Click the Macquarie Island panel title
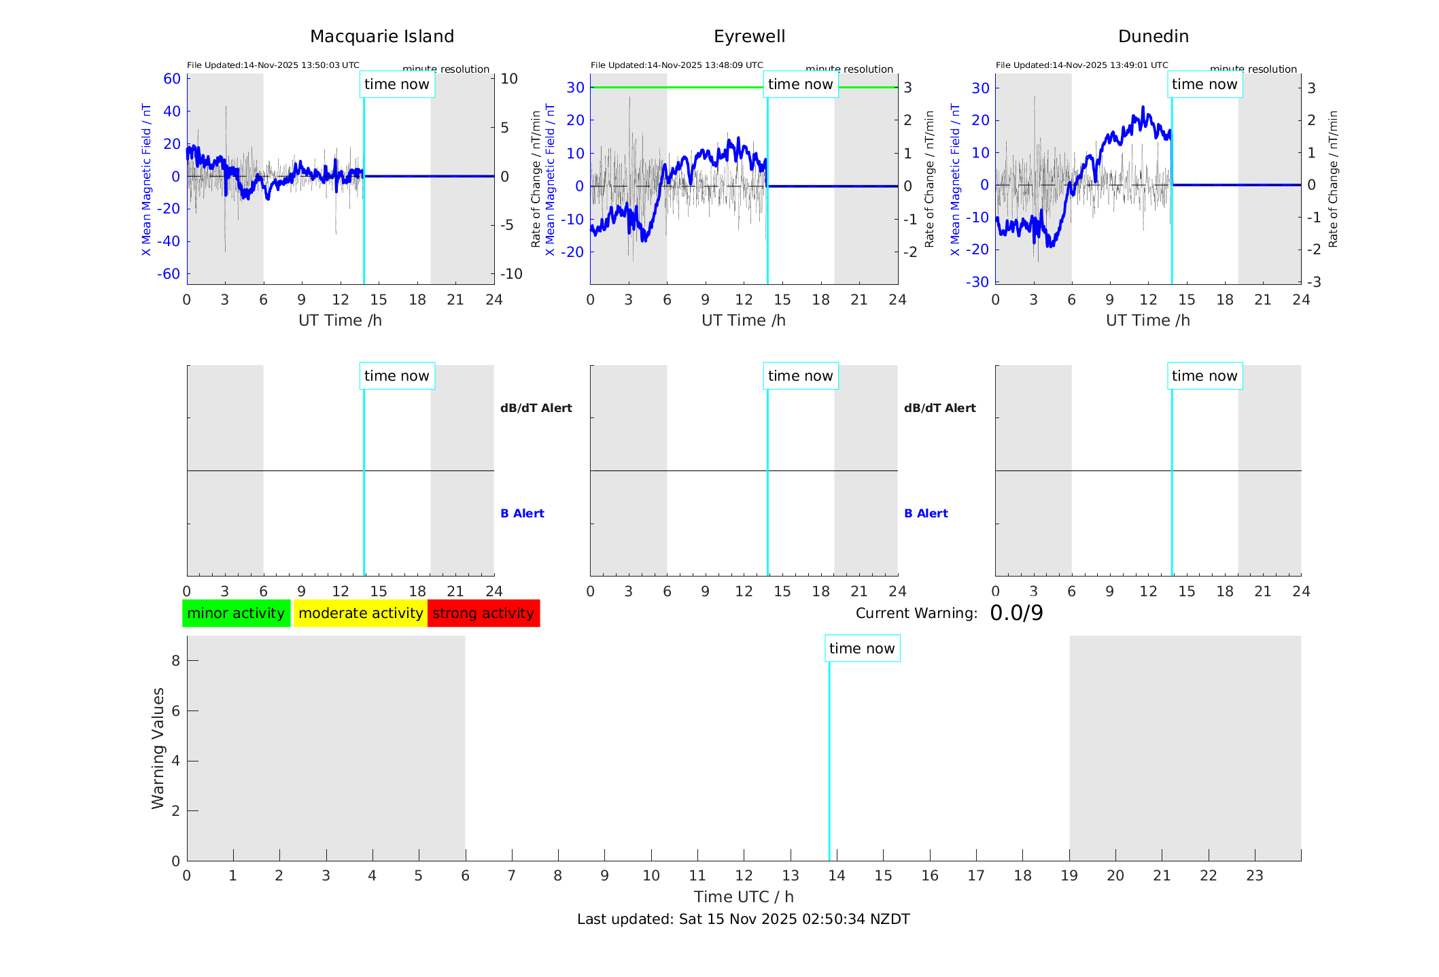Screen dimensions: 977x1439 (382, 37)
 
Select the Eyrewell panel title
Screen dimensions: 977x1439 (749, 37)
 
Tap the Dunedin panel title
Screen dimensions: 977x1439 (1153, 37)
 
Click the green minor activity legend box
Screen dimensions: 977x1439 (236, 613)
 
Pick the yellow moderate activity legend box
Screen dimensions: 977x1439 (360, 613)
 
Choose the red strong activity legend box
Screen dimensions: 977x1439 (483, 613)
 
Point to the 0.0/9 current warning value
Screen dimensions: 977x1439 (1016, 613)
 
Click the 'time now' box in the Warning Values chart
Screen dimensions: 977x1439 (862, 649)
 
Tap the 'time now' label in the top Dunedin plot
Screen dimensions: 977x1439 (1204, 84)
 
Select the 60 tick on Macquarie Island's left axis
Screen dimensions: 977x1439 (172, 79)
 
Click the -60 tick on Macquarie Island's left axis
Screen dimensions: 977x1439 (169, 274)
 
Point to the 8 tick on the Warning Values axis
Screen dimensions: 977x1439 (175, 661)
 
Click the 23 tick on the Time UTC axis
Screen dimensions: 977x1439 (1254, 876)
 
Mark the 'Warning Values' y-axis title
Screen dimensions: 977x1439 (158, 748)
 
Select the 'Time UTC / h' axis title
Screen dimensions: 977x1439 (744, 897)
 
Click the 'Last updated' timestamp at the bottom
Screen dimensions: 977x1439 (743, 919)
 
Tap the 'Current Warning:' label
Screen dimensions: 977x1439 (916, 613)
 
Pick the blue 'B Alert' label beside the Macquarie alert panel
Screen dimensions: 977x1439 (522, 513)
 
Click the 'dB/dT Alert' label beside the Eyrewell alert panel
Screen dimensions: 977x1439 (939, 408)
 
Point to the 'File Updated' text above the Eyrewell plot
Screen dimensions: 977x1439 (676, 65)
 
